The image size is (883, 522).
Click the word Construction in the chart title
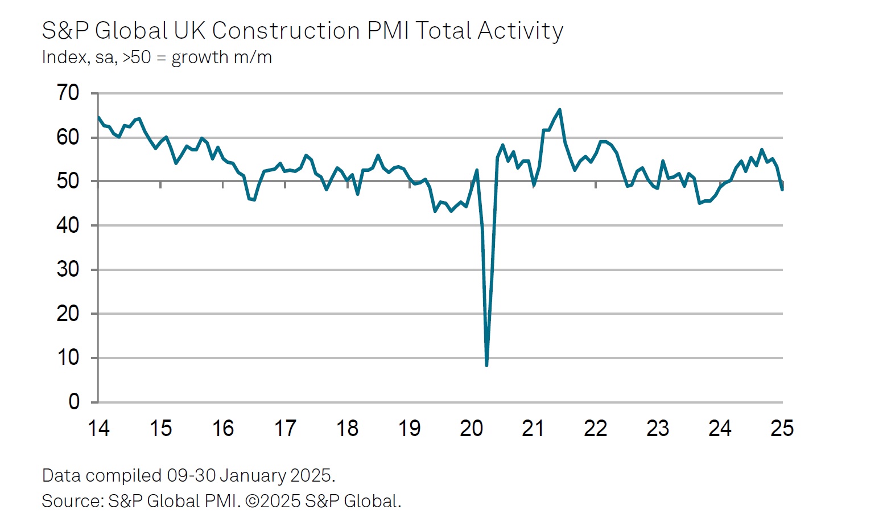[286, 31]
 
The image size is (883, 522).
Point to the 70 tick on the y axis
[68, 93]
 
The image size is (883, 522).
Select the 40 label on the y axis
[68, 225]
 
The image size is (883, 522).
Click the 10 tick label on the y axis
[68, 358]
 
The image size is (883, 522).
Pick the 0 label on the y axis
[74, 402]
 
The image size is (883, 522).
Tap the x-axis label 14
[98, 428]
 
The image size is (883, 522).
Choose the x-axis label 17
[285, 428]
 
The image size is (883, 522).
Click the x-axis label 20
[471, 428]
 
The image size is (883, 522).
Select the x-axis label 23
[658, 428]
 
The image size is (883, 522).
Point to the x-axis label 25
[782, 428]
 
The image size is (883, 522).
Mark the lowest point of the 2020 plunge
[486, 365]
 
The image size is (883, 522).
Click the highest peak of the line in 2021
[560, 109]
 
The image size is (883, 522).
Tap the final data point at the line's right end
[782, 190]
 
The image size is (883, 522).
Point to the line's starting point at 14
[98, 117]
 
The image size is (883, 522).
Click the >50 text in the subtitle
[137, 57]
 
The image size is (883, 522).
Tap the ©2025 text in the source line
[273, 501]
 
